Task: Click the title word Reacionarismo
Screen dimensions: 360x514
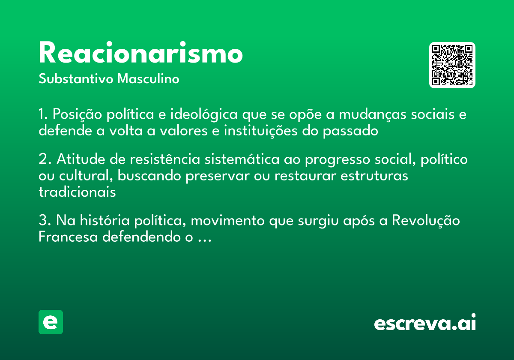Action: (140, 54)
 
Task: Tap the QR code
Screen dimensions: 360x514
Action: (452, 65)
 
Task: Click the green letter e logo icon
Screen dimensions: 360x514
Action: (51, 322)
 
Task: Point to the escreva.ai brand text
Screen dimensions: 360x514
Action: (425, 323)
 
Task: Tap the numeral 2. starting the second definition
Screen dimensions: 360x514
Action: (45, 159)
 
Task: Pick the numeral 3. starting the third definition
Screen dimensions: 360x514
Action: (45, 221)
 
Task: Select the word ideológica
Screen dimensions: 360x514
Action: (204, 115)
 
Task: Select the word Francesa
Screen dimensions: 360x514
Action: (68, 237)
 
